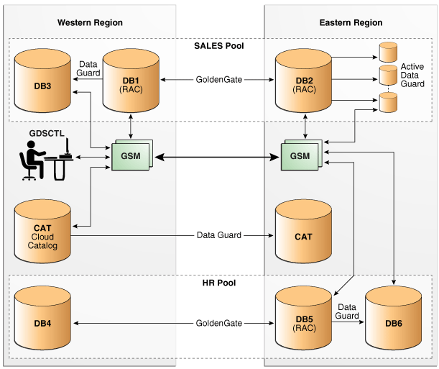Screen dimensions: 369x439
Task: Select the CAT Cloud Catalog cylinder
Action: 42,234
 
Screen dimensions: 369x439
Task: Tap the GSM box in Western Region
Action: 130,157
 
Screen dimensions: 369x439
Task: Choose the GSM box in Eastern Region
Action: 300,157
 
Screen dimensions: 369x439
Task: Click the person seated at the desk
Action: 32,158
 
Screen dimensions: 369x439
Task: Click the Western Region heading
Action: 90,23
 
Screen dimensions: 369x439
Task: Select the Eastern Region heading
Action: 351,23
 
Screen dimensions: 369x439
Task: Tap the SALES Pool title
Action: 219,45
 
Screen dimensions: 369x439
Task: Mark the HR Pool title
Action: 219,283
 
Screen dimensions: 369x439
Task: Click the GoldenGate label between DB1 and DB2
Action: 219,78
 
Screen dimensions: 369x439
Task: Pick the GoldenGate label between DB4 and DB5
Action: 219,324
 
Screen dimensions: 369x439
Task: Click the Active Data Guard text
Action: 412,76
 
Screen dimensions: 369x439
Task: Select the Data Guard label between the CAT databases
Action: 219,235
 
